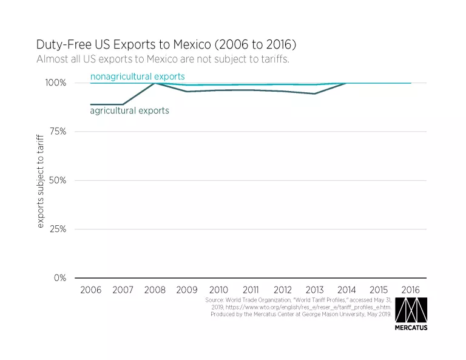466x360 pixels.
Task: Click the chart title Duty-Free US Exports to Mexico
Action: (166, 44)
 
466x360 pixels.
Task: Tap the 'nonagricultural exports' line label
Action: (137, 76)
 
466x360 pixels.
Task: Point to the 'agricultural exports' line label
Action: (129, 111)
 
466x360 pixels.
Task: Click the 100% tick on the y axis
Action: (55, 83)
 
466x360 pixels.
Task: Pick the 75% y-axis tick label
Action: (56, 132)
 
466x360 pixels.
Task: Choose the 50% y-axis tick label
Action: (56, 180)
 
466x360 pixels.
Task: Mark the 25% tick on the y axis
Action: (56, 229)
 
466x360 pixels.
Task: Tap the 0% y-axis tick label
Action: (59, 278)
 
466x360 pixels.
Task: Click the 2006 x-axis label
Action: (91, 290)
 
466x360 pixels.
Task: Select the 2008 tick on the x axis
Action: (155, 290)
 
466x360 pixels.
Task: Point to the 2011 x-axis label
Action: (251, 290)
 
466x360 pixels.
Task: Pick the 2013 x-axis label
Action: (314, 290)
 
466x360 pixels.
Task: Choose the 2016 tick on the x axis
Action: (410, 290)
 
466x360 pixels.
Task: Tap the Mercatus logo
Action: (411, 314)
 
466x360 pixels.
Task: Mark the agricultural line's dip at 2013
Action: (314, 93)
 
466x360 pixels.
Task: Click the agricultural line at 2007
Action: (123, 104)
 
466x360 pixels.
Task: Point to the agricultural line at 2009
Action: (187, 92)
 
